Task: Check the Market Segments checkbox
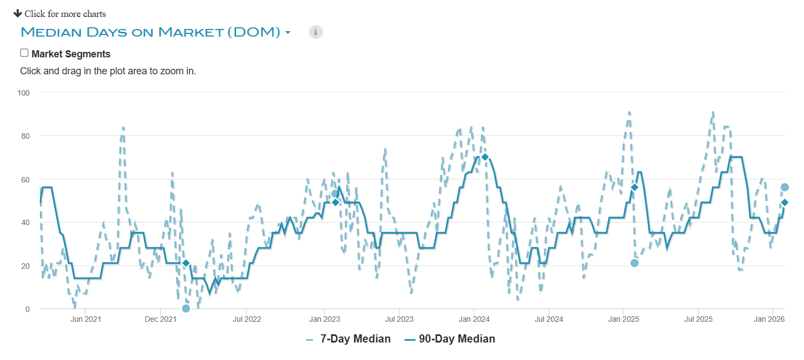pos(24,53)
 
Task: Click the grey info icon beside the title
pos(316,32)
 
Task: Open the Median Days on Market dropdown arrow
pos(288,33)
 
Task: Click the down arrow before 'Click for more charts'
pos(17,13)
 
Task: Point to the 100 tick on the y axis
pos(23,92)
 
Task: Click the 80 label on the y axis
pos(25,135)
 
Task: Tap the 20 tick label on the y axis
pos(25,266)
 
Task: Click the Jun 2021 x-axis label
pos(86,319)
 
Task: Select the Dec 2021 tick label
pos(161,319)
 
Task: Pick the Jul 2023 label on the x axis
pos(399,319)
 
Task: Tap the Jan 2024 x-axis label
pos(474,319)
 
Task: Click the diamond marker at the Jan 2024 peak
pos(484,157)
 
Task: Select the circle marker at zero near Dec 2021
pos(186,308)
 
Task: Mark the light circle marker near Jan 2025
pos(634,263)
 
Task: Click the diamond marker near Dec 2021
pos(186,263)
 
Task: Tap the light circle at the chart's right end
pos(784,187)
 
